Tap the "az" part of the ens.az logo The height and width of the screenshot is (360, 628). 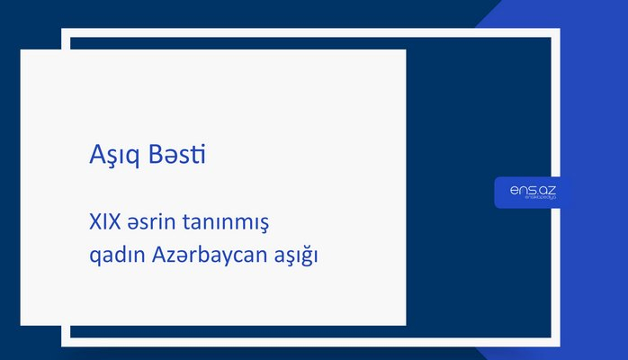tap(546, 189)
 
